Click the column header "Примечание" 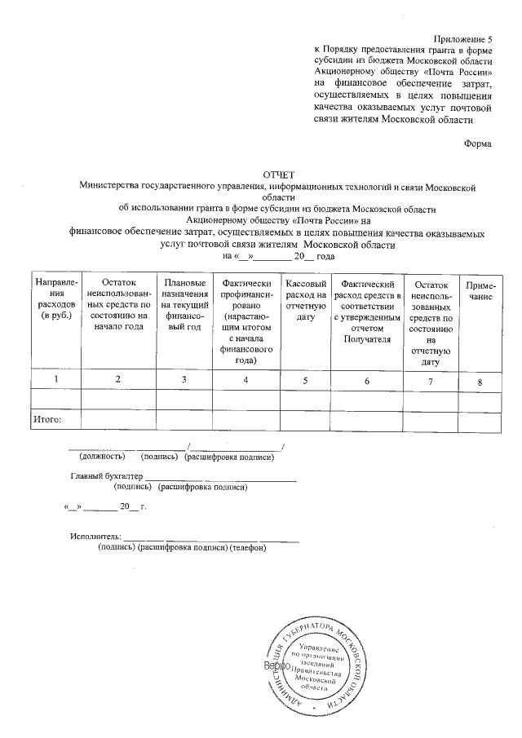click(x=480, y=291)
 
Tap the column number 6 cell click(x=367, y=380)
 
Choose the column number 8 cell click(x=480, y=381)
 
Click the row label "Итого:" click(x=47, y=421)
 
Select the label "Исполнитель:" click(x=95, y=537)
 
